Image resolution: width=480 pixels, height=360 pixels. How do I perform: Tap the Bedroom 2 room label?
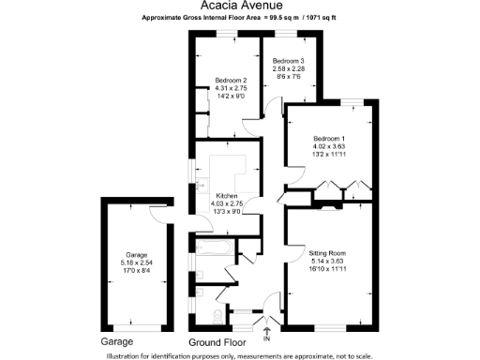[230, 80]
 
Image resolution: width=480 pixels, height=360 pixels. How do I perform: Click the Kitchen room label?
[230, 197]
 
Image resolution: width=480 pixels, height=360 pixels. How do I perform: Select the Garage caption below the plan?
[117, 341]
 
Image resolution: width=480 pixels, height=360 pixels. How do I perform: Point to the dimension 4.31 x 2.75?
[230, 87]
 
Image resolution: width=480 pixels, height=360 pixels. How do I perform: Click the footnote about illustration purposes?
[240, 354]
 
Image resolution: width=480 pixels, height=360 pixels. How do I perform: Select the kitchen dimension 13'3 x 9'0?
[230, 212]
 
